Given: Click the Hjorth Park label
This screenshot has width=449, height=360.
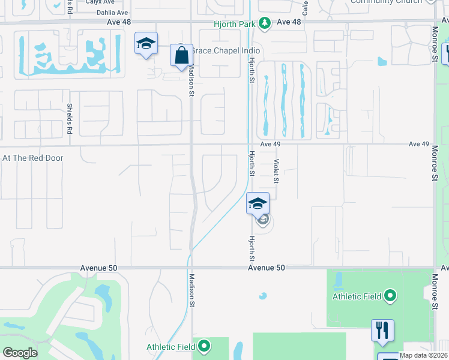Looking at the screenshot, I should [x=235, y=24].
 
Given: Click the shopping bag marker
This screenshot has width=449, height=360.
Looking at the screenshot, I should [x=181, y=56].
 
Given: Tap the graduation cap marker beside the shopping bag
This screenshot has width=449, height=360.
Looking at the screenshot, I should [x=146, y=44].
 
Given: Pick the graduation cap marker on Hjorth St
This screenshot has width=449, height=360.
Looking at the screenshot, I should [x=258, y=204].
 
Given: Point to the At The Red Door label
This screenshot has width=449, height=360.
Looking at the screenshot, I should [x=33, y=158].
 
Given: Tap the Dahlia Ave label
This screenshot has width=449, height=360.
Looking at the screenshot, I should [x=112, y=12].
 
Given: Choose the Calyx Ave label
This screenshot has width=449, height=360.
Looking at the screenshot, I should [x=100, y=2].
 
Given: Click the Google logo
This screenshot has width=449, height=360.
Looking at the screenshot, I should [x=20, y=353].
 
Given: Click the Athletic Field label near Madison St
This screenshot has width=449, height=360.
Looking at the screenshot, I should [x=170, y=347].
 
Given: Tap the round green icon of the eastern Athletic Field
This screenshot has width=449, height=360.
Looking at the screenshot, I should [x=390, y=296].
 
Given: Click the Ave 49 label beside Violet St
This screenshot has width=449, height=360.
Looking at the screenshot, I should [x=271, y=145].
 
